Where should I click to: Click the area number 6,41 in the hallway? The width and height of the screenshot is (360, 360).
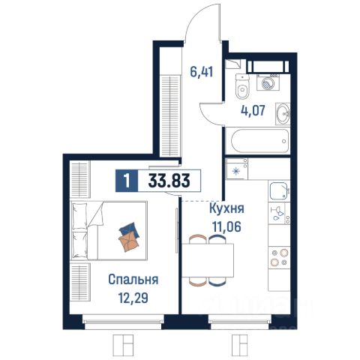(202, 72)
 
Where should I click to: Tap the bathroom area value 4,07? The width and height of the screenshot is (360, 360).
(253, 110)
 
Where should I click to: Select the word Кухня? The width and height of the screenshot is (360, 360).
(226, 208)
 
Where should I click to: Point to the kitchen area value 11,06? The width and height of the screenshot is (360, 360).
(226, 226)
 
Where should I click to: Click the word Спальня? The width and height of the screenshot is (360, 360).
(133, 280)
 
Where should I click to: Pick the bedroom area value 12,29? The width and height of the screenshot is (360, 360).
(133, 298)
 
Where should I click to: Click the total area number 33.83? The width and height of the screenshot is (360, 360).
(169, 181)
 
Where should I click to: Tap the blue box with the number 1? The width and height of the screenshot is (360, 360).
(127, 181)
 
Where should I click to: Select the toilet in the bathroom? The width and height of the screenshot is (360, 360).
(243, 86)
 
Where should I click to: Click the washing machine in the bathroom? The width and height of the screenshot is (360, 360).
(268, 82)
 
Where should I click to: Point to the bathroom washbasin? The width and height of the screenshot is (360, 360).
(283, 114)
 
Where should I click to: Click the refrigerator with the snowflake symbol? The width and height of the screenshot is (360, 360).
(237, 169)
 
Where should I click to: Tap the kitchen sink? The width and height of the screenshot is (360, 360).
(279, 191)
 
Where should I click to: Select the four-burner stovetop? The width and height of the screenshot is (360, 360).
(279, 257)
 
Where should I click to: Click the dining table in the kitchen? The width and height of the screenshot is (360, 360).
(208, 260)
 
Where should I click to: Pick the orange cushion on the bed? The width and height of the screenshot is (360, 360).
(129, 241)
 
